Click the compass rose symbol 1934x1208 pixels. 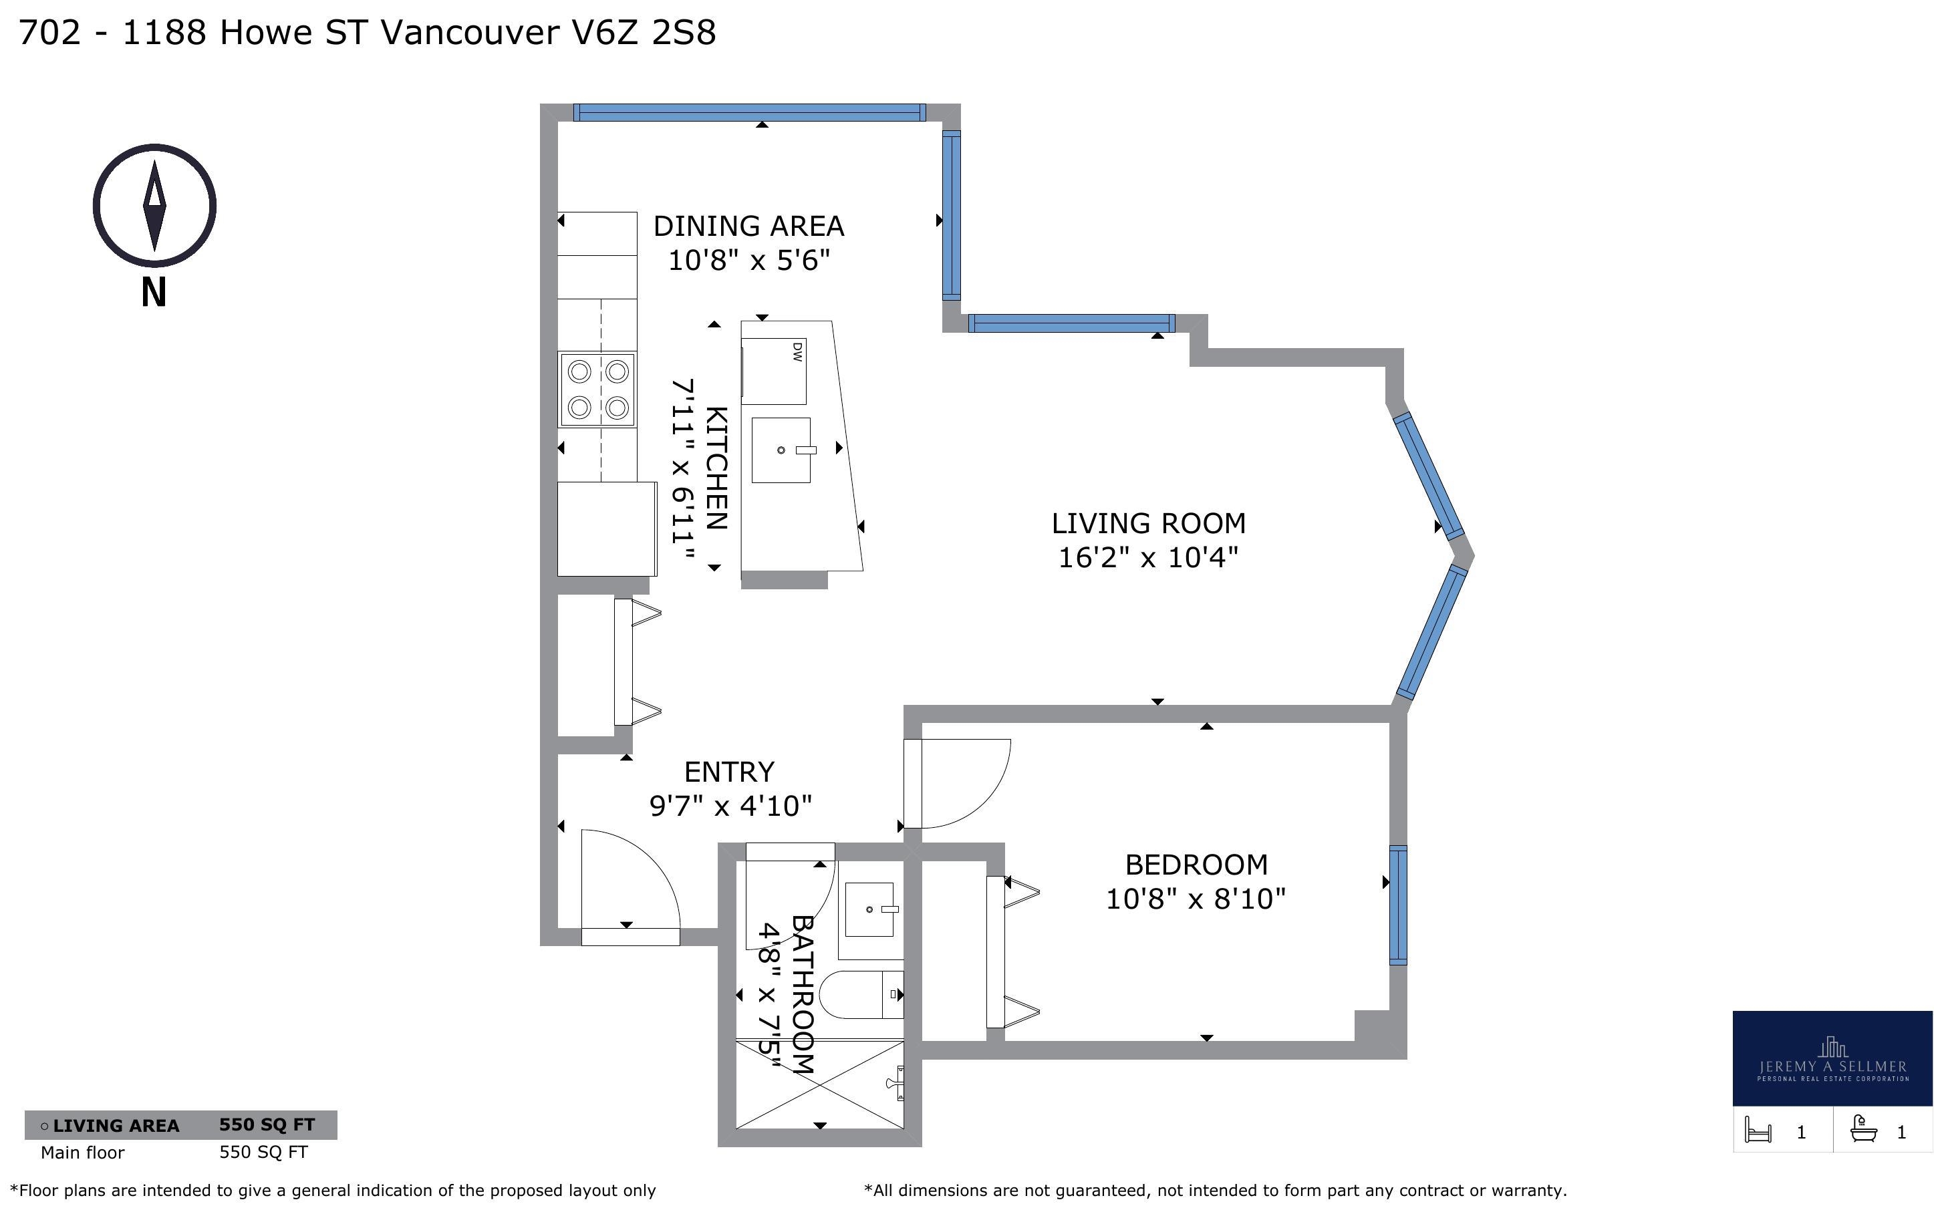click(x=154, y=205)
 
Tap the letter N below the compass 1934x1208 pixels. click(x=154, y=293)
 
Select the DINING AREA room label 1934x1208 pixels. click(x=748, y=226)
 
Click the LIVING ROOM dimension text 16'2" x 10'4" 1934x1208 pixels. click(x=1148, y=557)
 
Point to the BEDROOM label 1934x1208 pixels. click(x=1196, y=865)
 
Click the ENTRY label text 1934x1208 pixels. click(x=729, y=772)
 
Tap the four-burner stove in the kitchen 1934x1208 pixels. click(x=597, y=390)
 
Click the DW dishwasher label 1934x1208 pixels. click(x=797, y=352)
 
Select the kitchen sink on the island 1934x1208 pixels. click(x=782, y=450)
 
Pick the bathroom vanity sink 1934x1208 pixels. click(x=871, y=909)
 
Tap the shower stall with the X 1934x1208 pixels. click(x=819, y=1084)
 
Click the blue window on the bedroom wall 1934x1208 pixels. click(x=1398, y=905)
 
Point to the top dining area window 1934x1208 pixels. click(x=749, y=113)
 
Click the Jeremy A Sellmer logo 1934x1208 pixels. click(x=1832, y=1058)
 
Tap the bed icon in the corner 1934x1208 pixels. click(x=1759, y=1130)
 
